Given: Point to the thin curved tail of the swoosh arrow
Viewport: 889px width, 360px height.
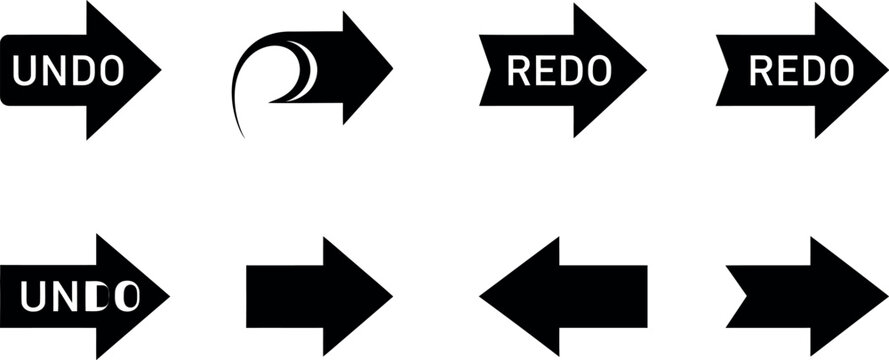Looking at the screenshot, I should coord(238,105).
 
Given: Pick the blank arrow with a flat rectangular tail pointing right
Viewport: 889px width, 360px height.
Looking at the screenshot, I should coord(315,296).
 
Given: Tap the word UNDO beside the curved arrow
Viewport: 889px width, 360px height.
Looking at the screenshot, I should coord(69,70).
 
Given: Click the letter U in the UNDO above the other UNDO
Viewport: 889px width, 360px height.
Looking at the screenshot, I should coord(23,70).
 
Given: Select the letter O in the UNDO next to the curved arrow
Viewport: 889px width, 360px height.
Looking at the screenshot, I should coord(111,70).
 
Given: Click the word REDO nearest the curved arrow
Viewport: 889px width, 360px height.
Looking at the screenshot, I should coord(559,71).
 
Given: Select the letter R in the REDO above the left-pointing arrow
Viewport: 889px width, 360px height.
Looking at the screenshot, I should coord(518,71).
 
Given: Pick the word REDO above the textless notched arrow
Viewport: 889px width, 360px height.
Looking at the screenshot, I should coord(801,71).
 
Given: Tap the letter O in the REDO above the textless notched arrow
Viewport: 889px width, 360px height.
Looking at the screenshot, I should coord(842,71).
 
